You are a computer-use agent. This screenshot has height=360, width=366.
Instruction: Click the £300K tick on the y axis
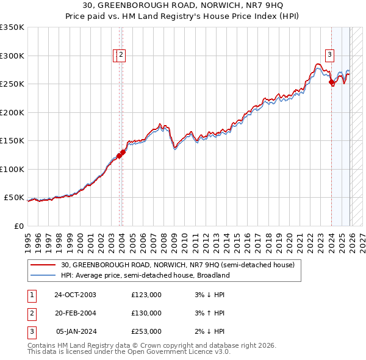coord(12,56)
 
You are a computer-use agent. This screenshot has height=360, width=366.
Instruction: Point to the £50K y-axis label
coord(14,198)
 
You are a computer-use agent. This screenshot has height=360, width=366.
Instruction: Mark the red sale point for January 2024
coord(331,82)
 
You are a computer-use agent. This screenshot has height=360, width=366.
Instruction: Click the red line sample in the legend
coord(44,265)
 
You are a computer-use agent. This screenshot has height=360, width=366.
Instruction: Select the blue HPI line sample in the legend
coord(44,275)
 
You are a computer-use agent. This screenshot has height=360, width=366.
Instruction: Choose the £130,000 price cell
coord(146,313)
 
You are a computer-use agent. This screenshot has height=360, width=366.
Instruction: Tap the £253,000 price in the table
coord(146,331)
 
